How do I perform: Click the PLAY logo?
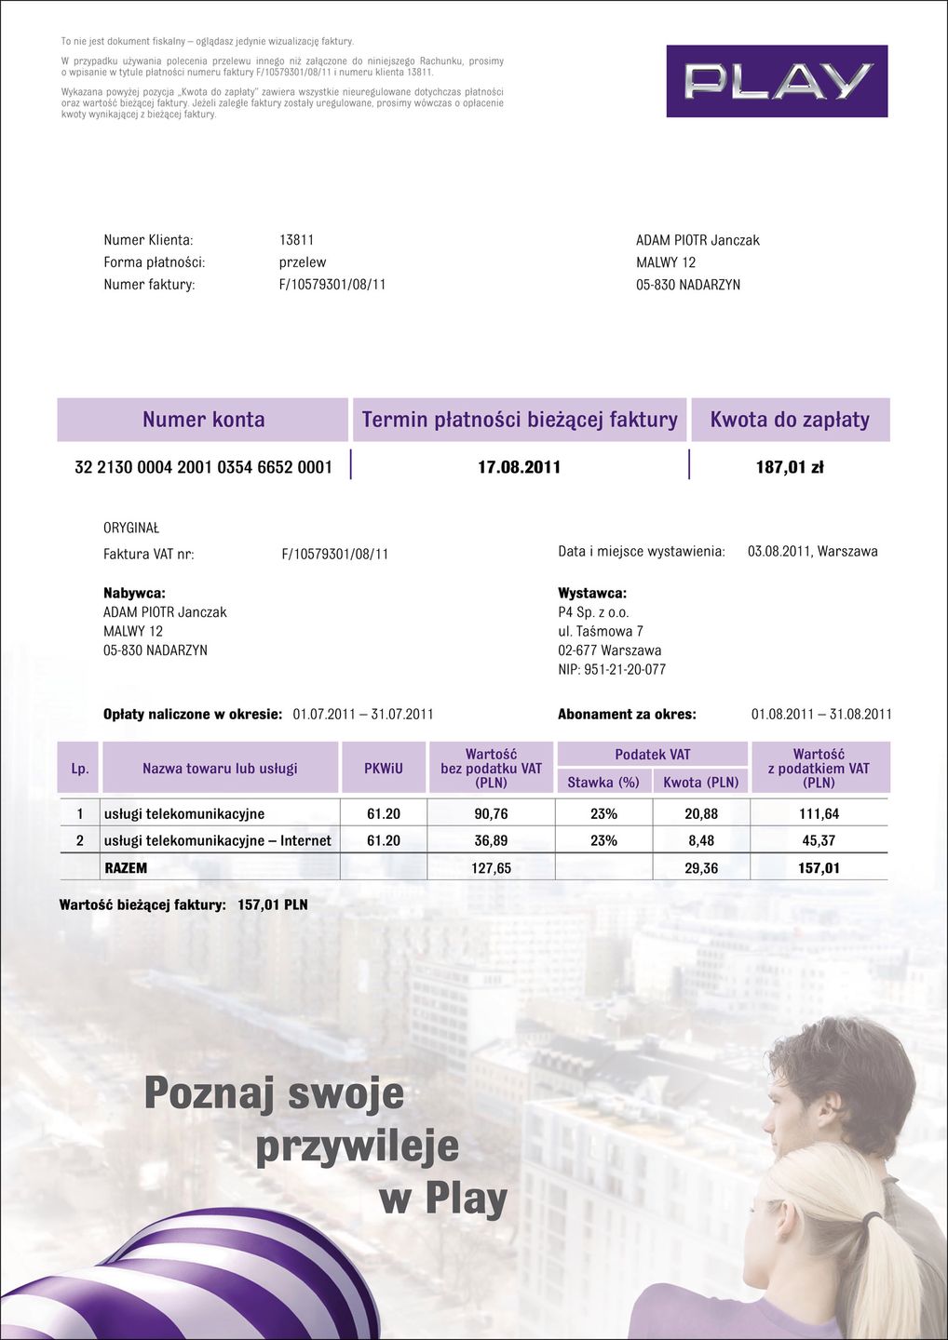(x=777, y=81)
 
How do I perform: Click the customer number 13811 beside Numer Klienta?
(x=296, y=240)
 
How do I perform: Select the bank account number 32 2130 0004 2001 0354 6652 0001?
(x=203, y=467)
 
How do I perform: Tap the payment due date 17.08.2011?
(x=519, y=467)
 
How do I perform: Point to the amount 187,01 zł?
(x=790, y=467)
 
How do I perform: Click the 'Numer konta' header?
(x=203, y=420)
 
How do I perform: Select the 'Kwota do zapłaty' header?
(x=790, y=420)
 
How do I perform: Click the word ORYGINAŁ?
(x=131, y=528)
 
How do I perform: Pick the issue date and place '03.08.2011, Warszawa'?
(x=812, y=552)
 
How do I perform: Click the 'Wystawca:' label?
(x=592, y=594)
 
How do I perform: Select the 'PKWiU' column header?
(x=384, y=769)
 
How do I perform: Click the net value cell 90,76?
(x=491, y=814)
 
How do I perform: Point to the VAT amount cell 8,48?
(x=700, y=841)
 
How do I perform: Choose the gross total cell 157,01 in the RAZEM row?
(x=819, y=868)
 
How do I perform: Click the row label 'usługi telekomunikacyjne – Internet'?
(x=217, y=841)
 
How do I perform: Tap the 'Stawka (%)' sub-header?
(x=603, y=783)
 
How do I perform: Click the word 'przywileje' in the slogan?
(x=358, y=1146)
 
